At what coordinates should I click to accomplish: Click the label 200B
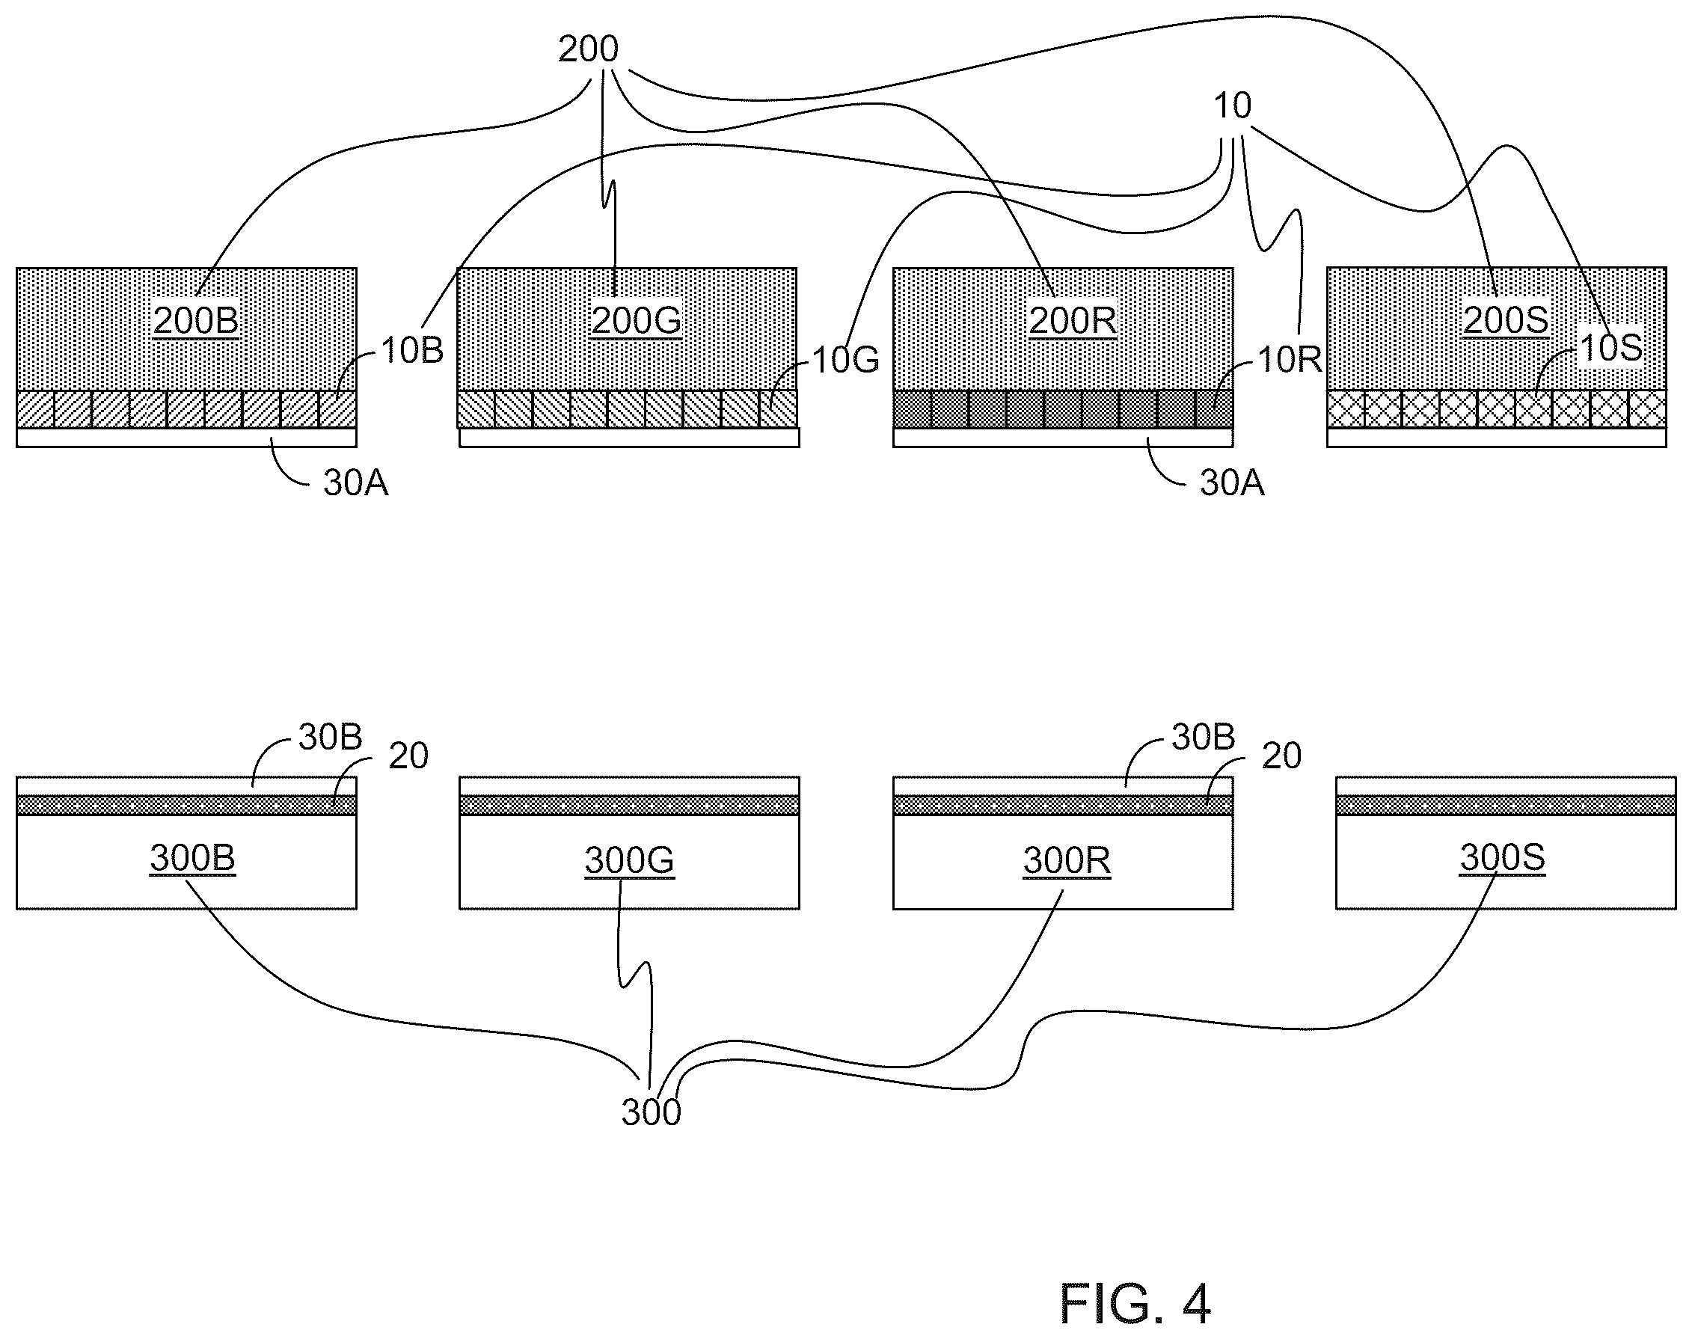(195, 321)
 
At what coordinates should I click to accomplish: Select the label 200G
(636, 321)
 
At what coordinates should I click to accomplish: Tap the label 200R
(1072, 321)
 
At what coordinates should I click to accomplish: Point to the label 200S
(1506, 321)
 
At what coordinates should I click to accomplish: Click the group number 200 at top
(588, 49)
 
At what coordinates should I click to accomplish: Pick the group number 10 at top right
(1232, 105)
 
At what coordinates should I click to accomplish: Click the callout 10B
(412, 350)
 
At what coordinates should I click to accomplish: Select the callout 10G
(845, 360)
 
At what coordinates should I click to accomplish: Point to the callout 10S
(1611, 347)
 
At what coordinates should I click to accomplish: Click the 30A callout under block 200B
(356, 483)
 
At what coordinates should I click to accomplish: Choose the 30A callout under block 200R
(1232, 483)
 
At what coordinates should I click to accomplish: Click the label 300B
(193, 858)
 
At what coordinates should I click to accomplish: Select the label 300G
(629, 860)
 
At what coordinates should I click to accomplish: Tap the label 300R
(1067, 860)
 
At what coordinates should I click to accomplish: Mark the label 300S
(1502, 858)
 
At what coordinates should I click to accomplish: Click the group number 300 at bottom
(652, 1112)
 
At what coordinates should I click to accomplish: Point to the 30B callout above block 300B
(330, 737)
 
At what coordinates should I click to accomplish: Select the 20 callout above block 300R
(1281, 755)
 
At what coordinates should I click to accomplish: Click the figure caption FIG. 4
(1135, 1303)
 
